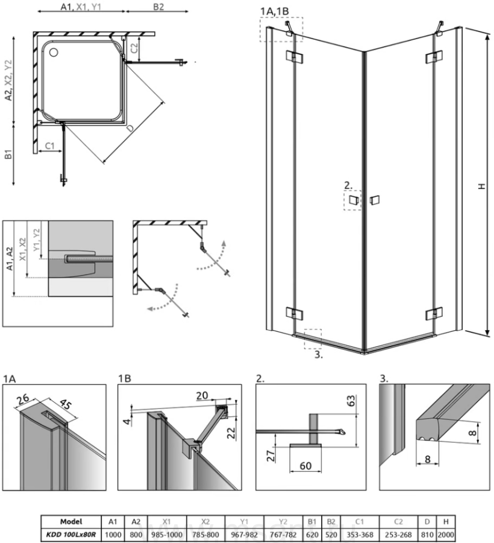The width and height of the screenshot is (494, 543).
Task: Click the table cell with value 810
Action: pos(427,534)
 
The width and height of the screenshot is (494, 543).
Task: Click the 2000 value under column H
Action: pos(446,534)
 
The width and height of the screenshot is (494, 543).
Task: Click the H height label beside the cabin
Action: pos(481,187)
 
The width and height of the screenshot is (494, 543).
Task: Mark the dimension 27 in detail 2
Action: pos(273,453)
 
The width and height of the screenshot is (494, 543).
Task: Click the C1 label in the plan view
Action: pos(51,145)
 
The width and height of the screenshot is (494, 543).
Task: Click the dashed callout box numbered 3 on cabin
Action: pos(313,338)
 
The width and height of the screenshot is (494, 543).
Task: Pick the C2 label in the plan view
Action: pos(134,45)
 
